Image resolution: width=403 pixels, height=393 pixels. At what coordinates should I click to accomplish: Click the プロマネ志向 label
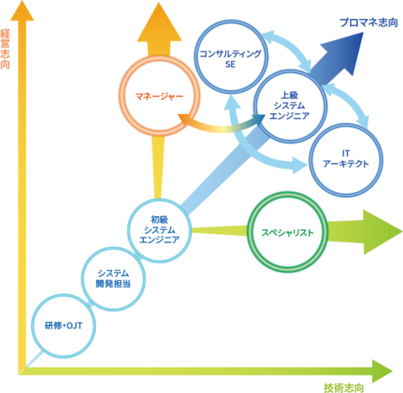click(x=369, y=23)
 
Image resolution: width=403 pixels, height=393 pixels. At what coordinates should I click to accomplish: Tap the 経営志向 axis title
click(x=5, y=49)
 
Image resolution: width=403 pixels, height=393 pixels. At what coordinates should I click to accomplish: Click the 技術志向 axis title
click(x=344, y=388)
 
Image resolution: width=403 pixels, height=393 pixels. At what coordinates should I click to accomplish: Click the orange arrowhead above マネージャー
click(x=159, y=22)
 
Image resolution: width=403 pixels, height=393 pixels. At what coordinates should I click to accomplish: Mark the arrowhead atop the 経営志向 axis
click(x=22, y=11)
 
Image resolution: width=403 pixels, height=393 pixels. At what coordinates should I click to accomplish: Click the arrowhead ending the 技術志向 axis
click(x=382, y=371)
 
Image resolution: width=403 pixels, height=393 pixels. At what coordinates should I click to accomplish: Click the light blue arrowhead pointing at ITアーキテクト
click(x=300, y=165)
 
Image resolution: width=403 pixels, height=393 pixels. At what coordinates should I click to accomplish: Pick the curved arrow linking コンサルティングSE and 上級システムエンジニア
click(x=292, y=47)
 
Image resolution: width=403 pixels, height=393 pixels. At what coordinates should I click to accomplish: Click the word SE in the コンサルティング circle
click(x=231, y=65)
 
